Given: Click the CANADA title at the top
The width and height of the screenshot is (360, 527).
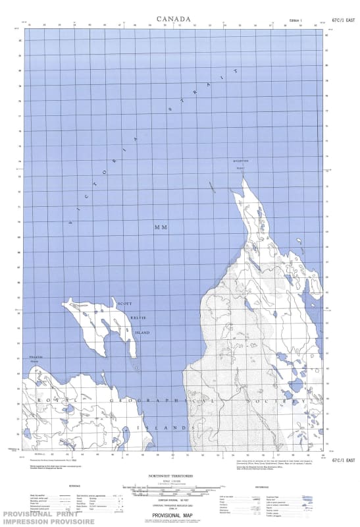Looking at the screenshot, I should click(x=174, y=19).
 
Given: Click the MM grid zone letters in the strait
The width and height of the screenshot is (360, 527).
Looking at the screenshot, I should click(x=161, y=227).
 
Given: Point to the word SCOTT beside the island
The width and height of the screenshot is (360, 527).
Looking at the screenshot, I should click(x=124, y=304).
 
